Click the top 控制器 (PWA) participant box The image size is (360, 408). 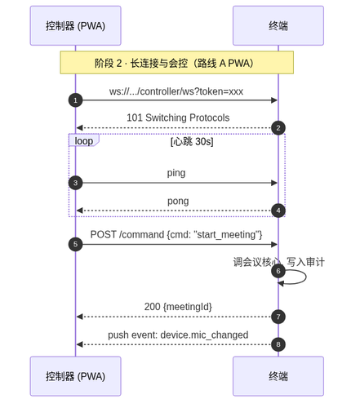[75, 25]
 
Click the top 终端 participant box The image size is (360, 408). [278, 25]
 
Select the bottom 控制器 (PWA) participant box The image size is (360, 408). [75, 376]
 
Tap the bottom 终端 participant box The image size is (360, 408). [278, 376]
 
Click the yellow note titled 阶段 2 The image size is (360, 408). [177, 63]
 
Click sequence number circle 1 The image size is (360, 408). [75, 100]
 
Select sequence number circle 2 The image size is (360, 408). [278, 128]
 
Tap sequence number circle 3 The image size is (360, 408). [75, 183]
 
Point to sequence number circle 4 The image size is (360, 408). [278, 211]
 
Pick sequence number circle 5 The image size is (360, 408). [75, 244]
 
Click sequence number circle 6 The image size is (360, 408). [278, 271]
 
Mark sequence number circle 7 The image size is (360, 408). [278, 317]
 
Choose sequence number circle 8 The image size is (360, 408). [278, 344]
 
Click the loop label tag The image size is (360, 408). [84, 140]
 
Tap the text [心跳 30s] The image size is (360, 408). [192, 141]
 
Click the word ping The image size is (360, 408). [176, 173]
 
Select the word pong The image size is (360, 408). [178, 202]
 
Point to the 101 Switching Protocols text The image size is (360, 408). [178, 118]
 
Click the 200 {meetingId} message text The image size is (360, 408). [178, 307]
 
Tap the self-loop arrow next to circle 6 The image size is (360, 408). [306, 277]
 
